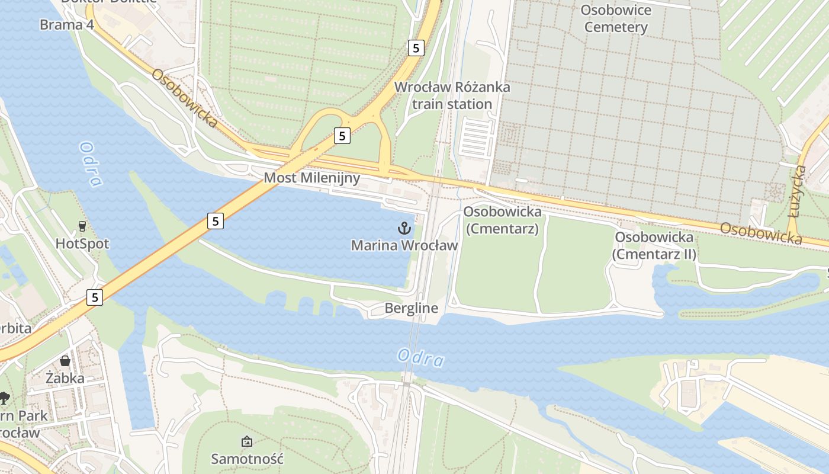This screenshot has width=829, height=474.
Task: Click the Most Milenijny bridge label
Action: (311, 178)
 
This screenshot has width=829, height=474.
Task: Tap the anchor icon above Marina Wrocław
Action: (404, 228)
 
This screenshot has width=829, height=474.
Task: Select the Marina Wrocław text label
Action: (404, 245)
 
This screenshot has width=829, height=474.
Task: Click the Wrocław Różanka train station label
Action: (452, 95)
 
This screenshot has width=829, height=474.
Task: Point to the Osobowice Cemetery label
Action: (615, 18)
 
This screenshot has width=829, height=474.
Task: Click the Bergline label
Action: (411, 308)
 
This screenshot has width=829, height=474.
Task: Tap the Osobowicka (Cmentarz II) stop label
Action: (654, 245)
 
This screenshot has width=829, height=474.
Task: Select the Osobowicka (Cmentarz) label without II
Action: (502, 220)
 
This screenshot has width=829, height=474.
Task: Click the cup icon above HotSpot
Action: (82, 226)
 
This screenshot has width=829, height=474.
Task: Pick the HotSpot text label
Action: (82, 244)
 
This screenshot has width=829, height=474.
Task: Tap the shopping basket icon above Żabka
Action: (65, 361)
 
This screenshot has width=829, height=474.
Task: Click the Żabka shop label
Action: (65, 378)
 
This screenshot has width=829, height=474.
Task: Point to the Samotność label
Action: (248, 459)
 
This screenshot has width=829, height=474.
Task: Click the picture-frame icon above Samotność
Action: (247, 441)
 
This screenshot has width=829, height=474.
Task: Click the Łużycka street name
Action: (798, 191)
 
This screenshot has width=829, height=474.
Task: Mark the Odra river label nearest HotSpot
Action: (90, 164)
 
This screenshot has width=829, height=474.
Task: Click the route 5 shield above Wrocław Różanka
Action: (416, 49)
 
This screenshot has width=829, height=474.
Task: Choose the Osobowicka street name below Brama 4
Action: (185, 98)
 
